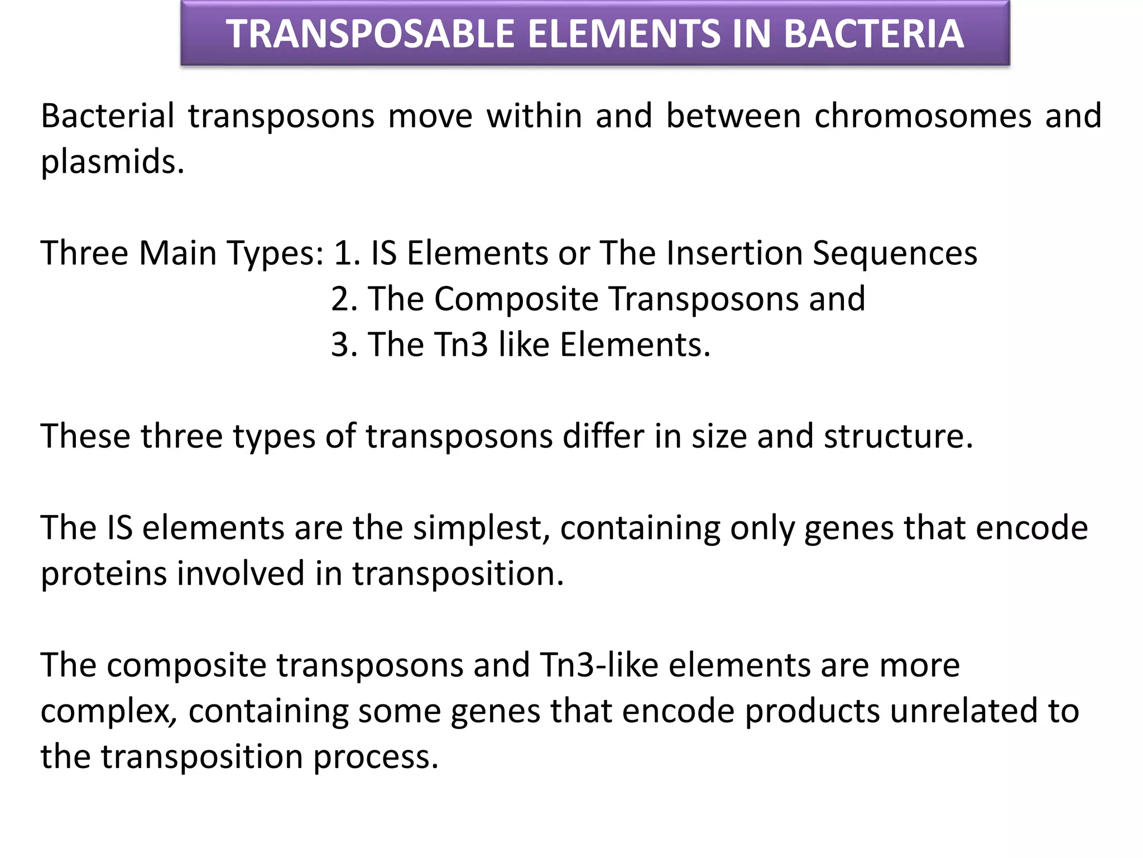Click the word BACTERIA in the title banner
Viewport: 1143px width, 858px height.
873,34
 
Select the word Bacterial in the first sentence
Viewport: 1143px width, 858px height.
107,116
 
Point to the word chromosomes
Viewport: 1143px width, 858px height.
923,116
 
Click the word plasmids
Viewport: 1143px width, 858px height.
112,163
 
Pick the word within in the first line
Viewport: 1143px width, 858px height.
534,116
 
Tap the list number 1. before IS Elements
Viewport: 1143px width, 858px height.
345,253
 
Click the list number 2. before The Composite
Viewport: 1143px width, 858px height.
344,299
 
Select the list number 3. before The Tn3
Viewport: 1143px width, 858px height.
344,345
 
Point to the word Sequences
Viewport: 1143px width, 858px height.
895,253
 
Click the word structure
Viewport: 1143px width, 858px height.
898,436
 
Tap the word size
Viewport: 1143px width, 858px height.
719,436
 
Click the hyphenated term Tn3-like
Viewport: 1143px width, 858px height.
599,665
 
